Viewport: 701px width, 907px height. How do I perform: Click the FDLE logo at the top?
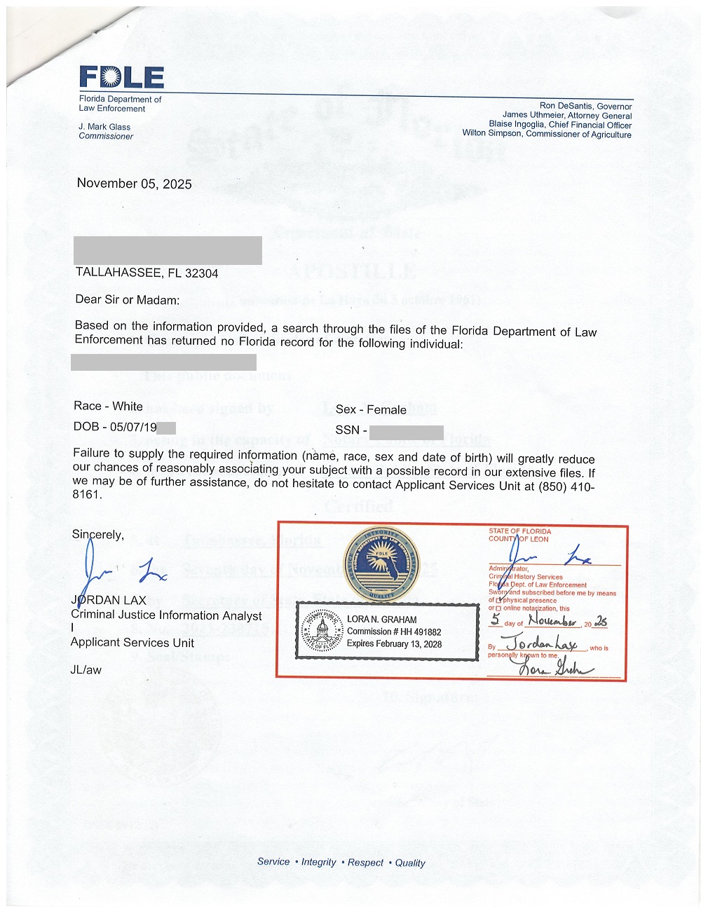point(121,77)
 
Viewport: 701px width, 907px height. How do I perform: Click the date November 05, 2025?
point(134,184)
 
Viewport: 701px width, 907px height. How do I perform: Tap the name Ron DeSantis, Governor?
point(585,107)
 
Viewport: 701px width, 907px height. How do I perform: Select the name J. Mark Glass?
point(104,127)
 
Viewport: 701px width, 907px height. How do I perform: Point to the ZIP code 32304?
point(201,273)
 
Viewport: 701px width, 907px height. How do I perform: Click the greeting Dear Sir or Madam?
point(127,300)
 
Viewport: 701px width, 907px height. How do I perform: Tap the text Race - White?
point(108,407)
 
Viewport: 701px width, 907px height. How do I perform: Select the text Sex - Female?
point(371,410)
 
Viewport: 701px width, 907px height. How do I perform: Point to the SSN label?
point(347,430)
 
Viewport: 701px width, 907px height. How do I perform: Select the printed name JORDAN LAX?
point(109,600)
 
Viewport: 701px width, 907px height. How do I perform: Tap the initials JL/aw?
point(86,670)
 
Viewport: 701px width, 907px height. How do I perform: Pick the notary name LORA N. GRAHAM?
point(381,620)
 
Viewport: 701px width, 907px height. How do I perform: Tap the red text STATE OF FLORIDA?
point(519,531)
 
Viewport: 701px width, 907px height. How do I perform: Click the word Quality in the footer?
point(410,863)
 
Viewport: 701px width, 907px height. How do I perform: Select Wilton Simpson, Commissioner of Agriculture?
point(547,134)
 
